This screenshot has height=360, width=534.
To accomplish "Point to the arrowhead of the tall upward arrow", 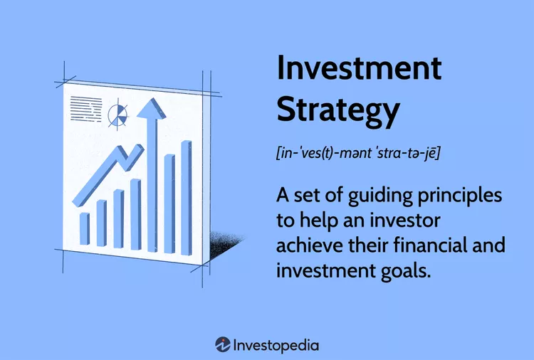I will [149, 109].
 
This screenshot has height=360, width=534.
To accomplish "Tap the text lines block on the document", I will [85, 109].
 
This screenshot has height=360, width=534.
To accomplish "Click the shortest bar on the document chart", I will [84, 228].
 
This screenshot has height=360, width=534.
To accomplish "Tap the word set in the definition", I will [310, 195].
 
